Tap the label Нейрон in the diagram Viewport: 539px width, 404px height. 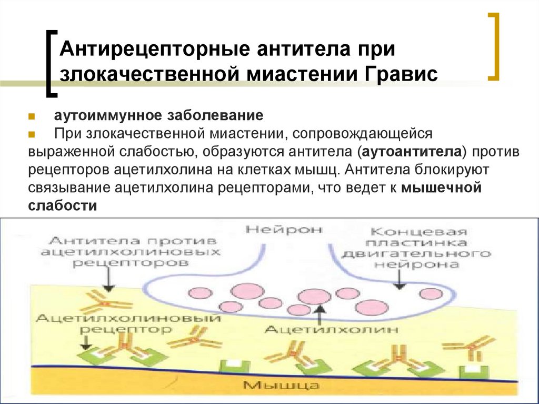285,230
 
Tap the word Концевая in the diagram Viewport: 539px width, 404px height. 418,232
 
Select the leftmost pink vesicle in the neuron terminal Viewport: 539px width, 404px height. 198,292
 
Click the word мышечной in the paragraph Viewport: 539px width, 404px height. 441,188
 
